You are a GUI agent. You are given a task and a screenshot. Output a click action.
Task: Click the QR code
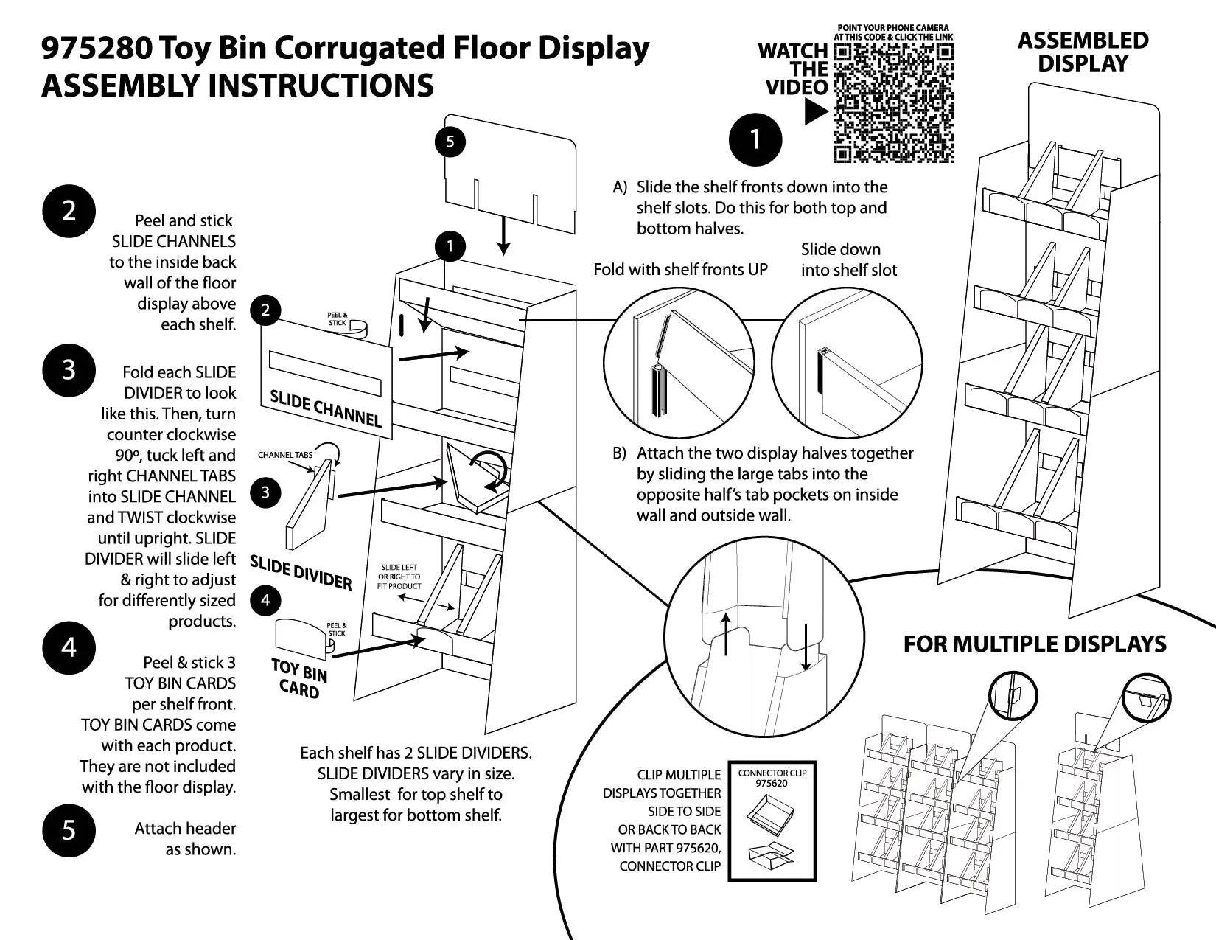click(x=894, y=102)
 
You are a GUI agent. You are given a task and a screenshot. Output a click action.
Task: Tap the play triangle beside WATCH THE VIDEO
click(x=815, y=112)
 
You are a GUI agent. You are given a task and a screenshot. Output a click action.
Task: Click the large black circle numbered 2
click(x=69, y=211)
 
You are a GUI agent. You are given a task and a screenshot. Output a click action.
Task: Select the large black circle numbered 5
click(x=69, y=830)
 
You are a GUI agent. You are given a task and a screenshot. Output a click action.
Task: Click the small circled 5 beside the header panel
click(x=450, y=142)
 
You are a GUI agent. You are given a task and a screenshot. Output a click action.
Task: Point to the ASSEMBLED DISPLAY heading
click(x=1083, y=52)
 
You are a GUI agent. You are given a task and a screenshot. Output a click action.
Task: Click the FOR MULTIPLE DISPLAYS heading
click(x=1035, y=644)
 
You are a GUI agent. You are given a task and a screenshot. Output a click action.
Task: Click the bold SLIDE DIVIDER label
click(x=301, y=573)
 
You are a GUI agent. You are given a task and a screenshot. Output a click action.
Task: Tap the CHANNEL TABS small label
click(x=285, y=455)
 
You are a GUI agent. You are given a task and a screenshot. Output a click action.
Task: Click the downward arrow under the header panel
click(x=503, y=235)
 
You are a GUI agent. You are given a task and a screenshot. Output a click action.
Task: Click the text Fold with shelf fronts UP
click(x=680, y=269)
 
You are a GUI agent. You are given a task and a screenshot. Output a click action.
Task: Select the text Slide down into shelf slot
click(x=848, y=260)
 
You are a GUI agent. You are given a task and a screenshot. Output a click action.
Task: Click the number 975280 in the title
click(x=97, y=48)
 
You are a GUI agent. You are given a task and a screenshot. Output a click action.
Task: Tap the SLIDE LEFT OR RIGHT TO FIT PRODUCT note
click(x=399, y=577)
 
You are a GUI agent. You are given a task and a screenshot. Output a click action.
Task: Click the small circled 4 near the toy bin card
click(x=265, y=600)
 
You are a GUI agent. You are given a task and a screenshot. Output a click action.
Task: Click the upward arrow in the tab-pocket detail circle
click(x=727, y=633)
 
